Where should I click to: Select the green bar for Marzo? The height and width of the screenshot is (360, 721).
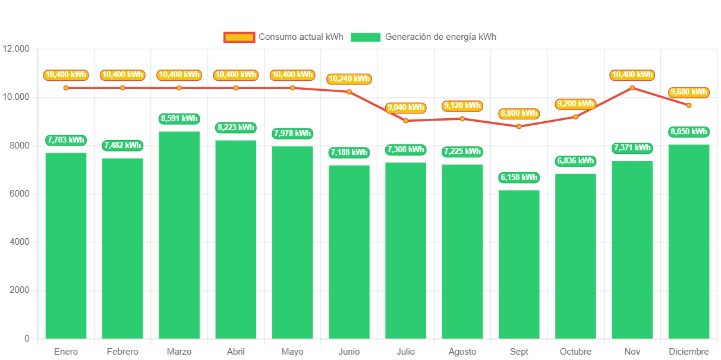pos(179,235)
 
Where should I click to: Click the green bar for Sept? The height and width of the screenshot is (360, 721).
pos(519,264)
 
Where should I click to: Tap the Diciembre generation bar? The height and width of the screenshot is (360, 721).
pos(689,241)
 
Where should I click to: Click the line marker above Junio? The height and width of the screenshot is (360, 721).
pos(349,91)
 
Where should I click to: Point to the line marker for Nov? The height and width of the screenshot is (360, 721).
pos(632,88)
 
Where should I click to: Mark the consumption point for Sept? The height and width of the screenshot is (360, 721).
pos(519,127)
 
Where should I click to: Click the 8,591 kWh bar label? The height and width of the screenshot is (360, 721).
pos(179,119)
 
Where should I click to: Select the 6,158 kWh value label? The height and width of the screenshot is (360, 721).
pos(519,178)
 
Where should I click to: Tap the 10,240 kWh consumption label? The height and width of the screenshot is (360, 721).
pos(349,78)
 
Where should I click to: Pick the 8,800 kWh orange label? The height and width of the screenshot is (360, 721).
pos(519,113)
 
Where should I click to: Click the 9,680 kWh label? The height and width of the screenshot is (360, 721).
pos(689,92)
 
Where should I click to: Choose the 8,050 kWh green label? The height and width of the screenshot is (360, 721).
pos(689,132)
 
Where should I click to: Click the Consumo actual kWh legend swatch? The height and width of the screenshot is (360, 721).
pos(239,37)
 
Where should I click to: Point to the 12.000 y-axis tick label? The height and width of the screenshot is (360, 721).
pos(16,49)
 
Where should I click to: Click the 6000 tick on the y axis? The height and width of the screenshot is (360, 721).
pos(19,194)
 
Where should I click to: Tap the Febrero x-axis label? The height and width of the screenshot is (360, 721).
pos(122,352)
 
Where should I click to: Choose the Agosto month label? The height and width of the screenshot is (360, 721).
pos(462,352)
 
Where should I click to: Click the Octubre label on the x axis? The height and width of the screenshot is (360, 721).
pos(575,352)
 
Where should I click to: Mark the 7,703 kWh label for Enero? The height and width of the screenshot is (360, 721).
pos(66,140)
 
